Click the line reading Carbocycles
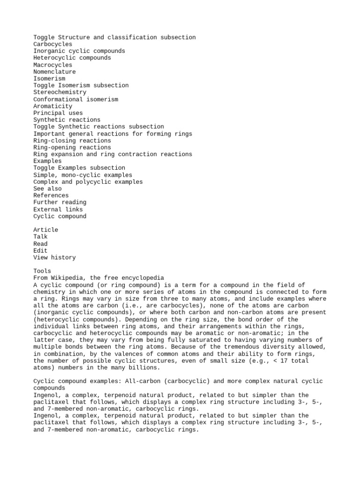tap(52, 44)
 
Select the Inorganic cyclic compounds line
tap(79, 51)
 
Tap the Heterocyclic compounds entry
tap(72, 58)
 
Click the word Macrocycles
tap(52, 65)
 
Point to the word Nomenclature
tap(54, 72)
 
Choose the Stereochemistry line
tap(60, 92)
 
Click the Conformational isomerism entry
tap(75, 99)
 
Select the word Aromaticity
tap(52, 106)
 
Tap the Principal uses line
tap(58, 113)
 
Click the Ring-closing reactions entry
tap(72, 141)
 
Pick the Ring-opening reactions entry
tap(72, 147)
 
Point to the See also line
tap(47, 188)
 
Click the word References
tap(51, 195)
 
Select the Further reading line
tap(60, 202)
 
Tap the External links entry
tap(58, 210)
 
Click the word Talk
tap(40, 237)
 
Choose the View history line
tap(54, 257)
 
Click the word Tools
tap(42, 271)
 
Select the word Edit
tap(40, 251)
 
